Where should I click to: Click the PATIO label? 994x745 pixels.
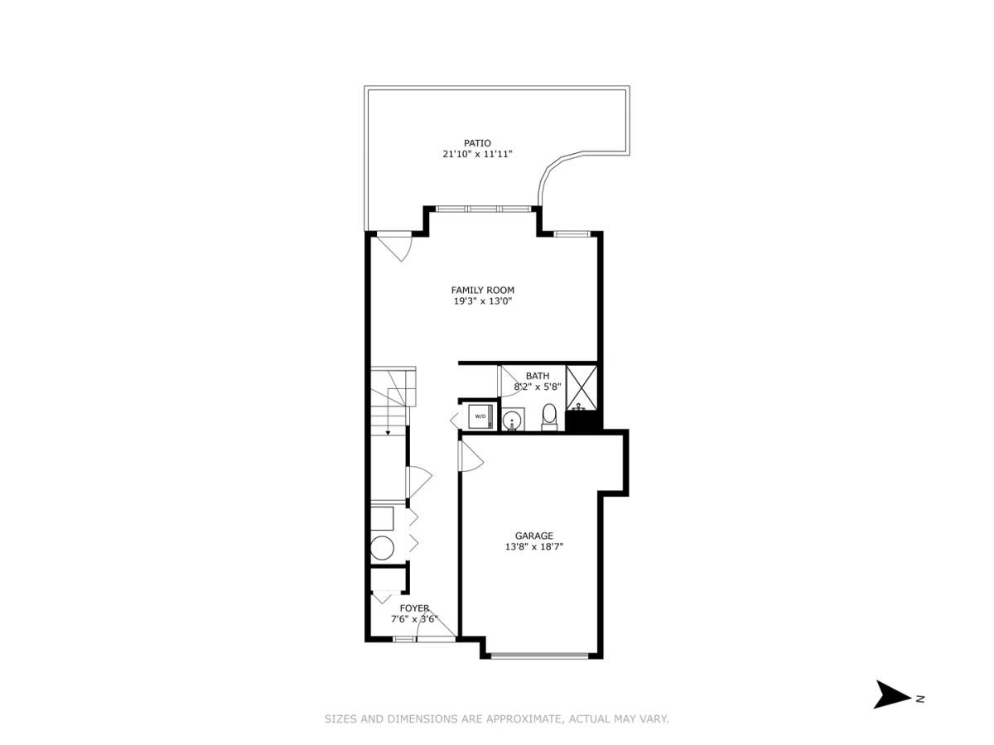[x=477, y=143]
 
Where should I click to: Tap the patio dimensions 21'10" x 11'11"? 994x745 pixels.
[x=477, y=155]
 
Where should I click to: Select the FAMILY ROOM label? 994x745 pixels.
[x=482, y=290]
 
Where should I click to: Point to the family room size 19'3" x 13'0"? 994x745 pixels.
[x=482, y=301]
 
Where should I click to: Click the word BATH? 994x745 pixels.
[x=537, y=376]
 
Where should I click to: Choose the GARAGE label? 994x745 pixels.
[x=534, y=536]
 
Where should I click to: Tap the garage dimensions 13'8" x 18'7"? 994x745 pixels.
[x=534, y=547]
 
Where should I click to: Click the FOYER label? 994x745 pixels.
[x=414, y=608]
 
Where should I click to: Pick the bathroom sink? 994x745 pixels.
[x=513, y=420]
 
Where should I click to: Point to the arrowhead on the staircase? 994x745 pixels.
[x=388, y=431]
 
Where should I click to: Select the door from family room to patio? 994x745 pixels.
[x=393, y=245]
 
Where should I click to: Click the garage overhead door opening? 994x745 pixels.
[x=540, y=656]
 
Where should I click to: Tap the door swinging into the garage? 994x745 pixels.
[x=469, y=455]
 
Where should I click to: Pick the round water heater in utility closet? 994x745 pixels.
[x=383, y=548]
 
